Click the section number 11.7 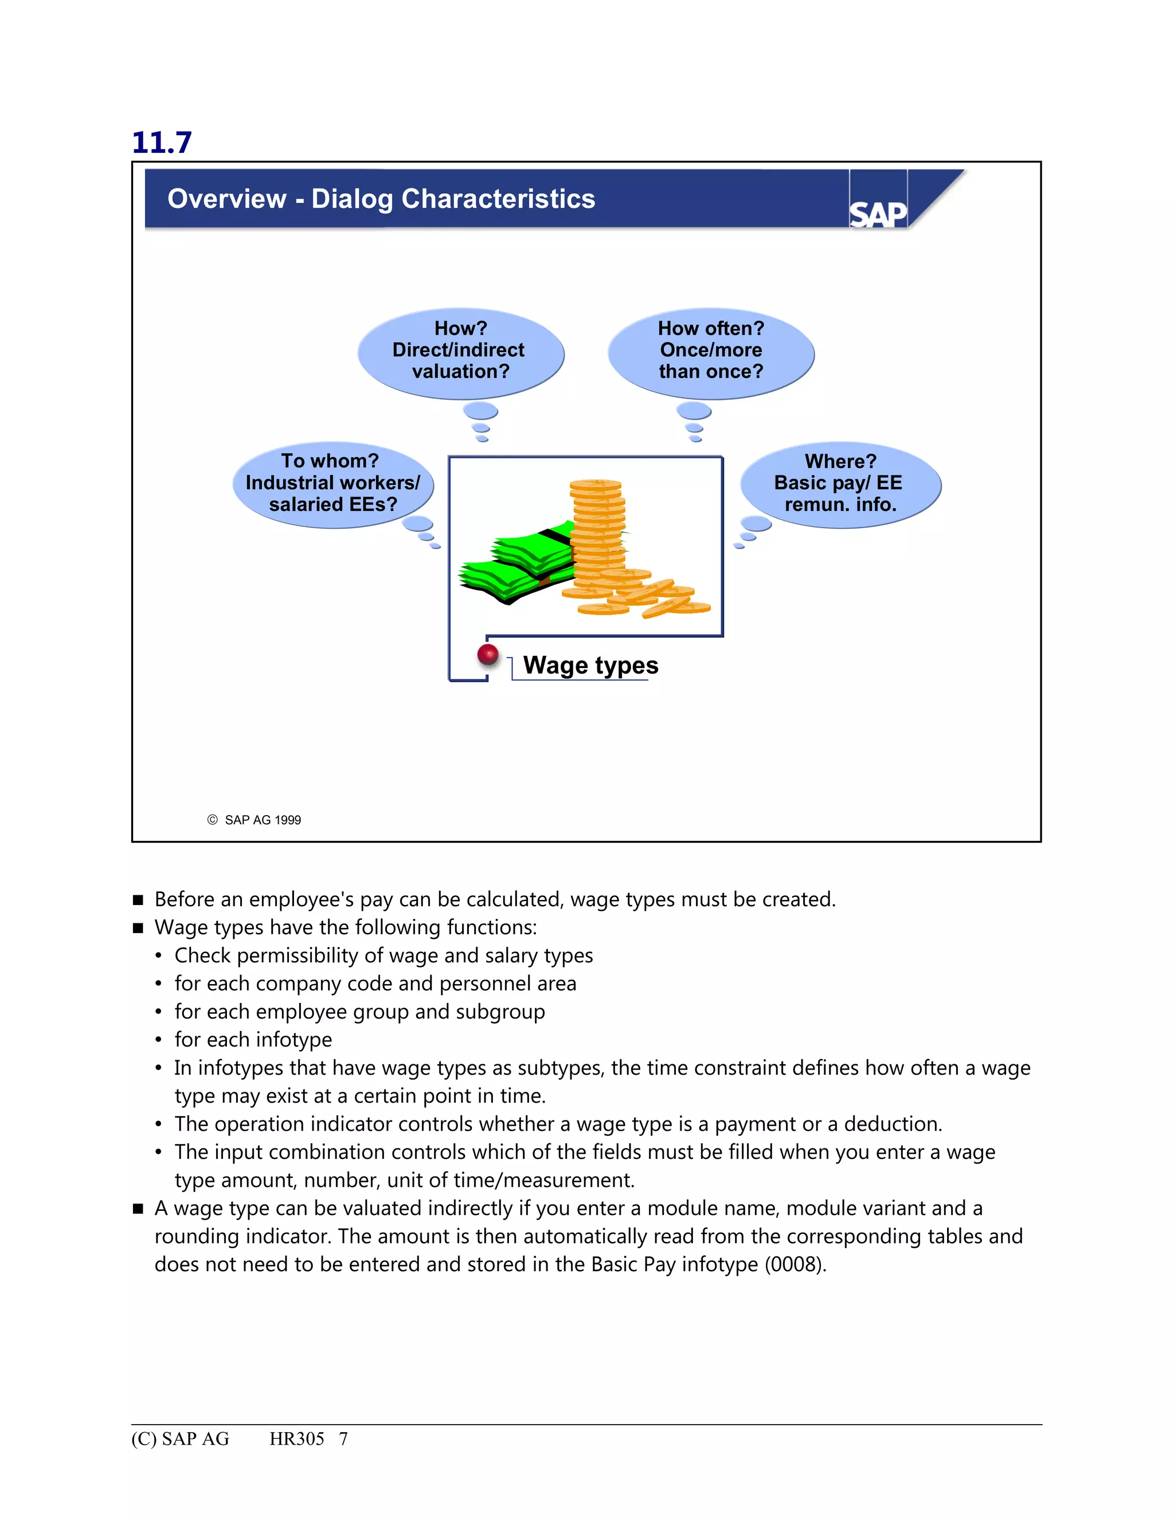pyautogui.click(x=161, y=143)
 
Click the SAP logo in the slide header pyautogui.click(x=878, y=214)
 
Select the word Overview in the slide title pyautogui.click(x=227, y=199)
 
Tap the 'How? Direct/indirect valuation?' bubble pyautogui.click(x=460, y=351)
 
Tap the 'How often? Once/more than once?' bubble pyautogui.click(x=711, y=351)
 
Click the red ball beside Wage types pyautogui.click(x=488, y=654)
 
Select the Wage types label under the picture pyautogui.click(x=590, y=665)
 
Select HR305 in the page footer pyautogui.click(x=296, y=1439)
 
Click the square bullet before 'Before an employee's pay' pyautogui.click(x=138, y=900)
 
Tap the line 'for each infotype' pyautogui.click(x=253, y=1040)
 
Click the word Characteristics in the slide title pyautogui.click(x=498, y=199)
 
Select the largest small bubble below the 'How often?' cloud pyautogui.click(x=694, y=411)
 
